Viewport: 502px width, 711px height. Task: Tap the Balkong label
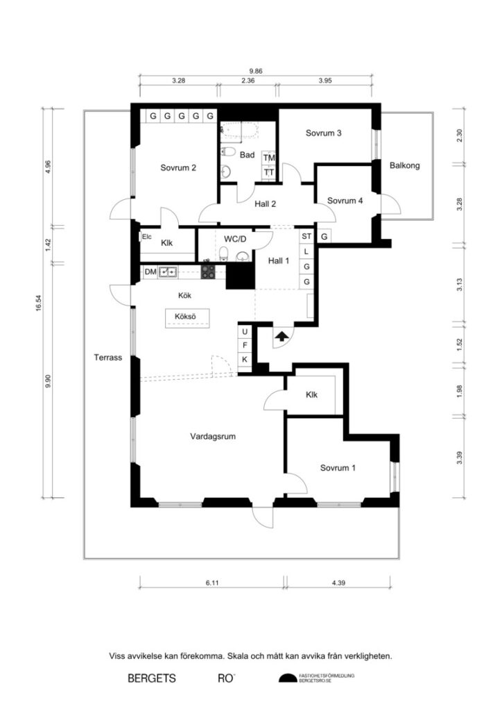[x=404, y=166]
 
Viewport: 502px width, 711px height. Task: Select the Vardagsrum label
[x=214, y=437]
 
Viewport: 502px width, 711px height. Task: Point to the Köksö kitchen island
[x=184, y=318]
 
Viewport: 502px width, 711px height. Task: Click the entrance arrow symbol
[x=282, y=337]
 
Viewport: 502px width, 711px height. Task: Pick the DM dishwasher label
[x=150, y=272]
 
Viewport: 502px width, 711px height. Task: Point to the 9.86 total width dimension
[x=255, y=70]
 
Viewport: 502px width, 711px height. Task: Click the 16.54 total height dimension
[x=40, y=303]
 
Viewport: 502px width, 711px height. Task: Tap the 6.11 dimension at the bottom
[x=211, y=584]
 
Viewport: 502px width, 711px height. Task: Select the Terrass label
[x=108, y=358]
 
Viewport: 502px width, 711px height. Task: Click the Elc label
[x=146, y=237]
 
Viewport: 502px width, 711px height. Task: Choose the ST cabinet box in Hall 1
[x=306, y=237]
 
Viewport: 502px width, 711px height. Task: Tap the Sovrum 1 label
[x=338, y=468]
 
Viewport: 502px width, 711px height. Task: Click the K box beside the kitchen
[x=245, y=359]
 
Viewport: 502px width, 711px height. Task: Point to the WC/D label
[x=234, y=239]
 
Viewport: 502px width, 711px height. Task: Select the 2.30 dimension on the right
[x=458, y=136]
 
